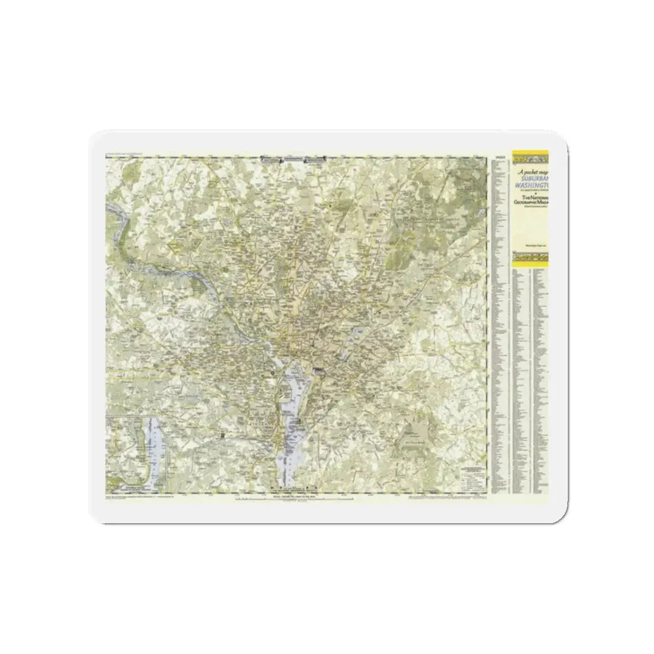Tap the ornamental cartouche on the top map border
295,159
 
